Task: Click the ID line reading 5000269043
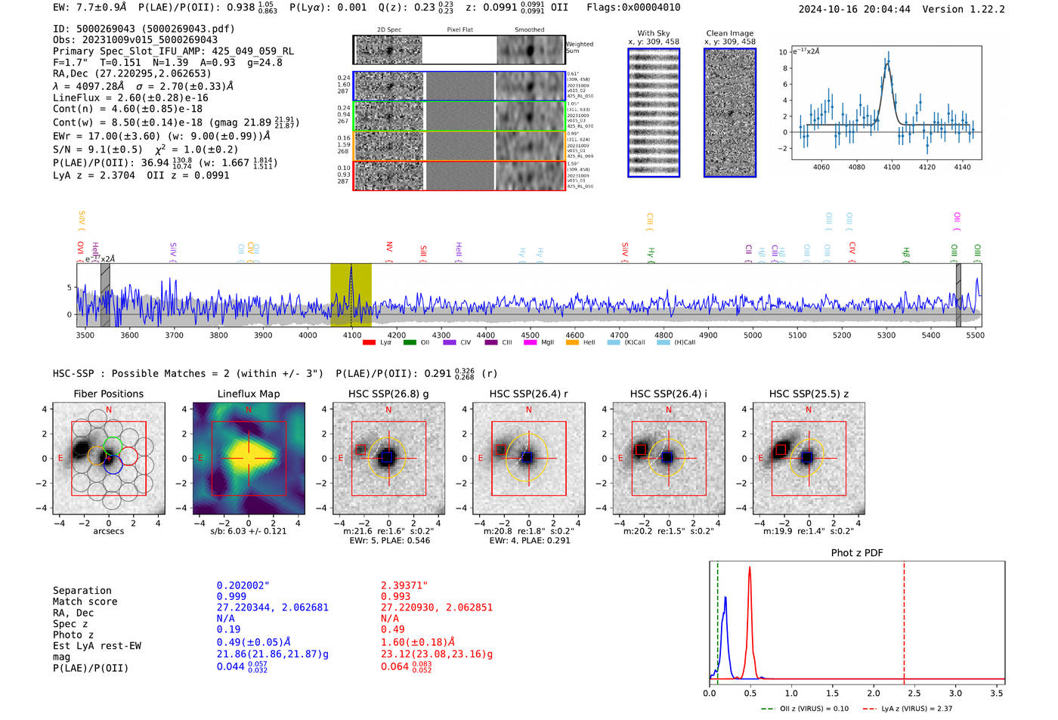144,29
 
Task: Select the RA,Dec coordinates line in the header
132,73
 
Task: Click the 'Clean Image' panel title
729,33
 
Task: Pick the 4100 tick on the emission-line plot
892,167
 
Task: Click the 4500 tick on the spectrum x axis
530,335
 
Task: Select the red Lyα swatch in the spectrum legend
369,342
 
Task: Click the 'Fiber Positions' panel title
108,394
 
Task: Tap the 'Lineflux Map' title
249,394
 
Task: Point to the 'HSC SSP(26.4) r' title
528,394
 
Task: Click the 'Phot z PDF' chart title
857,552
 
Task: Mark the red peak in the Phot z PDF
750,568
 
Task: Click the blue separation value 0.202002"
243,586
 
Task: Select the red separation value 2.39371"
404,586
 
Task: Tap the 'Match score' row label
85,601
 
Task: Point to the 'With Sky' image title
653,33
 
